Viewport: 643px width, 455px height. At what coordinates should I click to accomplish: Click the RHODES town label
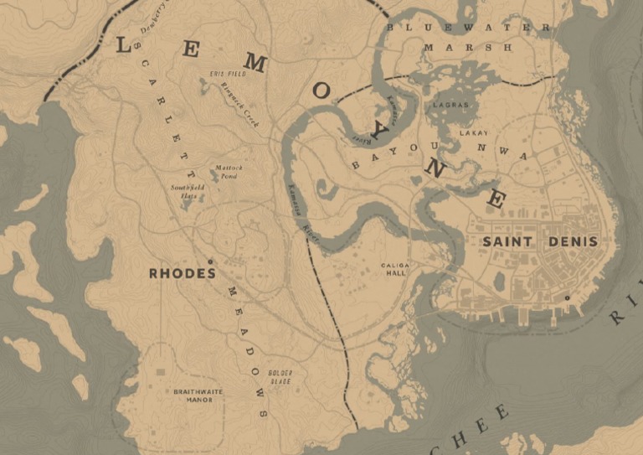[x=182, y=273]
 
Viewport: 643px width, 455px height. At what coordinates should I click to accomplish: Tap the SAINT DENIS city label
[x=540, y=241]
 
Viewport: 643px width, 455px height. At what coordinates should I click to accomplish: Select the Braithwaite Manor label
[x=193, y=396]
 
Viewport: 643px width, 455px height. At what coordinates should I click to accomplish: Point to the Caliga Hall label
[x=394, y=270]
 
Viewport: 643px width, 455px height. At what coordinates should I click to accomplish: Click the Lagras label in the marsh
[x=451, y=106]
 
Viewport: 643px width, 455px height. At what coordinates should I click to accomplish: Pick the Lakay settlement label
[x=473, y=133]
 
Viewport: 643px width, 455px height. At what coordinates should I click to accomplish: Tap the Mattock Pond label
[x=229, y=172]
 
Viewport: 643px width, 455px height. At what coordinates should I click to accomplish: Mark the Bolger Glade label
[x=280, y=376]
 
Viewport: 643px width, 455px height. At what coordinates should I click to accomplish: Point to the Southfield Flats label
[x=188, y=190]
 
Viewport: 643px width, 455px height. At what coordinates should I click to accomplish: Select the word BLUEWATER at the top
[x=468, y=28]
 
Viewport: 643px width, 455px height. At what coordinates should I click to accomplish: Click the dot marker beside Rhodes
[x=210, y=261]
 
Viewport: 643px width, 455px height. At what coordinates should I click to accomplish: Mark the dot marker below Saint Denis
[x=567, y=297]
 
